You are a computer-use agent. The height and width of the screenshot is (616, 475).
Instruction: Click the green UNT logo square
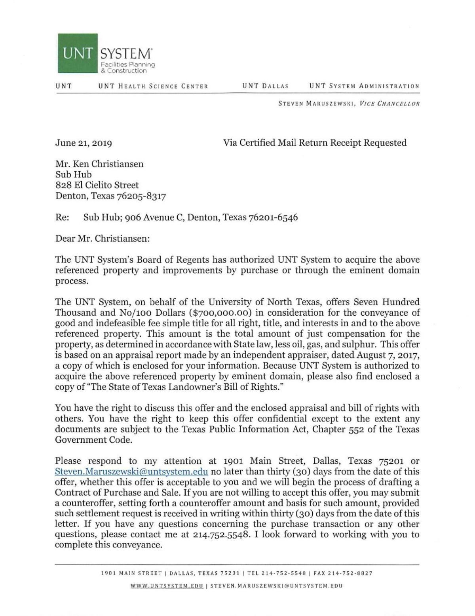(78, 53)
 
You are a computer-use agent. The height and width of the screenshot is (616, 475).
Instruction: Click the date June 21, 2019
(84, 143)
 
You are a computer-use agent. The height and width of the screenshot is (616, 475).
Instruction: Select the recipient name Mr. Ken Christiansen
(99, 164)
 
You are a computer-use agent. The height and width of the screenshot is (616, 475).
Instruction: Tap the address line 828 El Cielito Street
(97, 185)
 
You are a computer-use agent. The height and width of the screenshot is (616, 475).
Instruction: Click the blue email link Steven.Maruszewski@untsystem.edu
(131, 472)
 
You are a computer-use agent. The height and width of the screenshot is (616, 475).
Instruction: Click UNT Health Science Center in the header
(153, 86)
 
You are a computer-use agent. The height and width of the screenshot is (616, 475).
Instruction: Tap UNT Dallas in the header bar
(265, 86)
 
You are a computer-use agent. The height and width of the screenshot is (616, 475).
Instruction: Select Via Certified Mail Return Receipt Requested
(315, 143)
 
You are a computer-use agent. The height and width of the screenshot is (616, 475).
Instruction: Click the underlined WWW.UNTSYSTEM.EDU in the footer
(167, 586)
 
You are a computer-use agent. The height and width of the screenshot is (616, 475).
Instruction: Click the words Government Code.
(93, 440)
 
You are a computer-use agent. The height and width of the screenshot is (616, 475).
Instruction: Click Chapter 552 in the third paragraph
(338, 429)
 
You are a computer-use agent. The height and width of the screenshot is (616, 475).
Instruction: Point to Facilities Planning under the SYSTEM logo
(128, 64)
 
